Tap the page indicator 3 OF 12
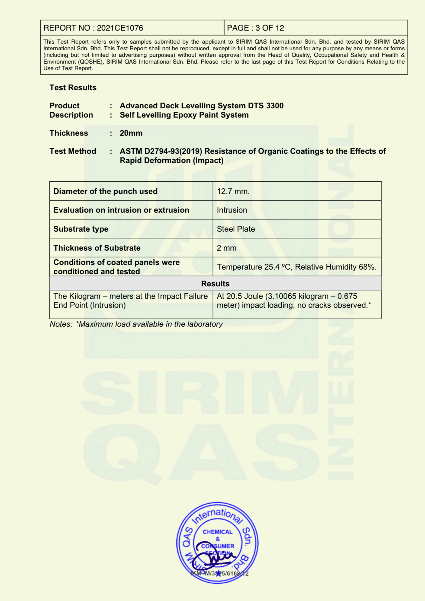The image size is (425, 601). click(269, 28)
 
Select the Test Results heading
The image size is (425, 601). click(73, 88)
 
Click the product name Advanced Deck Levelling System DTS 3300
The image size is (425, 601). click(201, 106)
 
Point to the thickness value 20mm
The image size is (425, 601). click(131, 133)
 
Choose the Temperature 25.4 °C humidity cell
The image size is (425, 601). click(297, 267)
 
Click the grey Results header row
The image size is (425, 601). click(215, 284)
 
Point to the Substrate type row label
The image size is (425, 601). click(81, 229)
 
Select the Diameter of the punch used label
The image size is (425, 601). click(105, 191)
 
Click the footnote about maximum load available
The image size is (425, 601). click(136, 324)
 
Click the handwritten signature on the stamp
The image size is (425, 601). click(214, 557)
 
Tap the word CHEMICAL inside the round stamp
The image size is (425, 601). click(218, 532)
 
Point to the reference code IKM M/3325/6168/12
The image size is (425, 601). click(219, 573)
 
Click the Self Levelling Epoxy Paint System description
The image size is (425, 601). click(184, 115)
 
